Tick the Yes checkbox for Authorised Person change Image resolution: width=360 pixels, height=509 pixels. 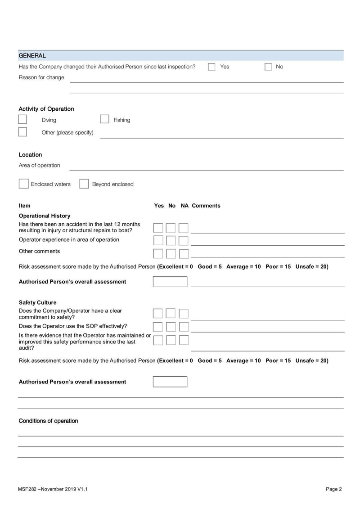pos(211,67)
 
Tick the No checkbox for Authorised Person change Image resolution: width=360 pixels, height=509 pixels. pos(268,67)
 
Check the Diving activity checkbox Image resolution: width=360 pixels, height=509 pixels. pos(22,119)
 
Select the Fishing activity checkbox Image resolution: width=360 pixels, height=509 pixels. pos(104,119)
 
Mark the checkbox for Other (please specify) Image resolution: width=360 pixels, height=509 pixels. pos(22,132)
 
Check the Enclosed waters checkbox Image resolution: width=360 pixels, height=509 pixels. pos(23,184)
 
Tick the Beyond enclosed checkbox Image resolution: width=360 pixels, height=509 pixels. pos(84,184)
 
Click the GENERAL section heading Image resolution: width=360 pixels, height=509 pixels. pos(32,56)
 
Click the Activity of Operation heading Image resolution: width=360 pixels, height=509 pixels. pos(46,109)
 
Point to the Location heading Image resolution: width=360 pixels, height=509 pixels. pos(30,155)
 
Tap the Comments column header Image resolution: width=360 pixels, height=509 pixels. pos(206,206)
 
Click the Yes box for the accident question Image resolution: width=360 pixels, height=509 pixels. pos(158,228)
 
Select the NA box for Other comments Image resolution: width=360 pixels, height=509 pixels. pos(184,254)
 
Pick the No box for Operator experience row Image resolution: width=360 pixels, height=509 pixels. pos(171,241)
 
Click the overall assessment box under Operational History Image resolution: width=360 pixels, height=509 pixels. pos(170,282)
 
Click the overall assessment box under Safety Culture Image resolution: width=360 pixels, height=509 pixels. pos(170,382)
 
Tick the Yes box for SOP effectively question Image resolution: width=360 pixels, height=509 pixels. pos(158,327)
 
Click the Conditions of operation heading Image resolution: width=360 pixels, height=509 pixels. pos(48,421)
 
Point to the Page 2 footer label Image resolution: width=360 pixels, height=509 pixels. pos(334,489)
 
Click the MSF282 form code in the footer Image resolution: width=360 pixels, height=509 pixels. pos(27,489)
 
